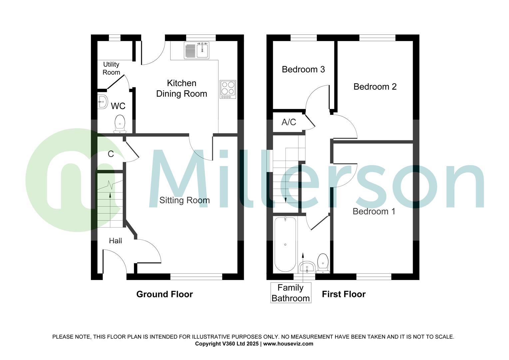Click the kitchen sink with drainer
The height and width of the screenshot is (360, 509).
click(x=196, y=50)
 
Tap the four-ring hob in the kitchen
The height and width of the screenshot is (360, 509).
click(x=228, y=89)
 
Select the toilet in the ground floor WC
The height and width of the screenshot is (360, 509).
click(x=120, y=124)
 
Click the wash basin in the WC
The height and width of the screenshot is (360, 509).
click(x=103, y=102)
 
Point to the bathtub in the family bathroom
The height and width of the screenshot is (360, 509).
click(x=285, y=244)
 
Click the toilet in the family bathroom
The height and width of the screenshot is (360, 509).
click(x=322, y=263)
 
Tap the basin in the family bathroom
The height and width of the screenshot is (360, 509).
click(x=307, y=267)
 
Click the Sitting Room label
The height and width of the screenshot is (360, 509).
click(x=185, y=200)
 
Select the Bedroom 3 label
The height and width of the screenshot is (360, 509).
click(x=303, y=69)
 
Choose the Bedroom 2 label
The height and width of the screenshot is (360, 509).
click(x=375, y=87)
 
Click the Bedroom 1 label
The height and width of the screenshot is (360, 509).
click(x=374, y=211)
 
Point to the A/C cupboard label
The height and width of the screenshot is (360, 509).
click(x=288, y=122)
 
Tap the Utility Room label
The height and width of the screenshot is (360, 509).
click(x=111, y=68)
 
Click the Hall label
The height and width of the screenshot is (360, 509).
click(x=115, y=241)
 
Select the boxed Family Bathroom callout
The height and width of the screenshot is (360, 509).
click(x=290, y=293)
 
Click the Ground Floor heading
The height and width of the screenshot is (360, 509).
click(x=165, y=294)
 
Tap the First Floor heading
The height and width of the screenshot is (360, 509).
click(x=343, y=294)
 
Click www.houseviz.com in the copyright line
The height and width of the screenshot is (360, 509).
click(x=288, y=344)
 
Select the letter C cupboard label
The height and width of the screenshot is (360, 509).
click(x=111, y=154)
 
